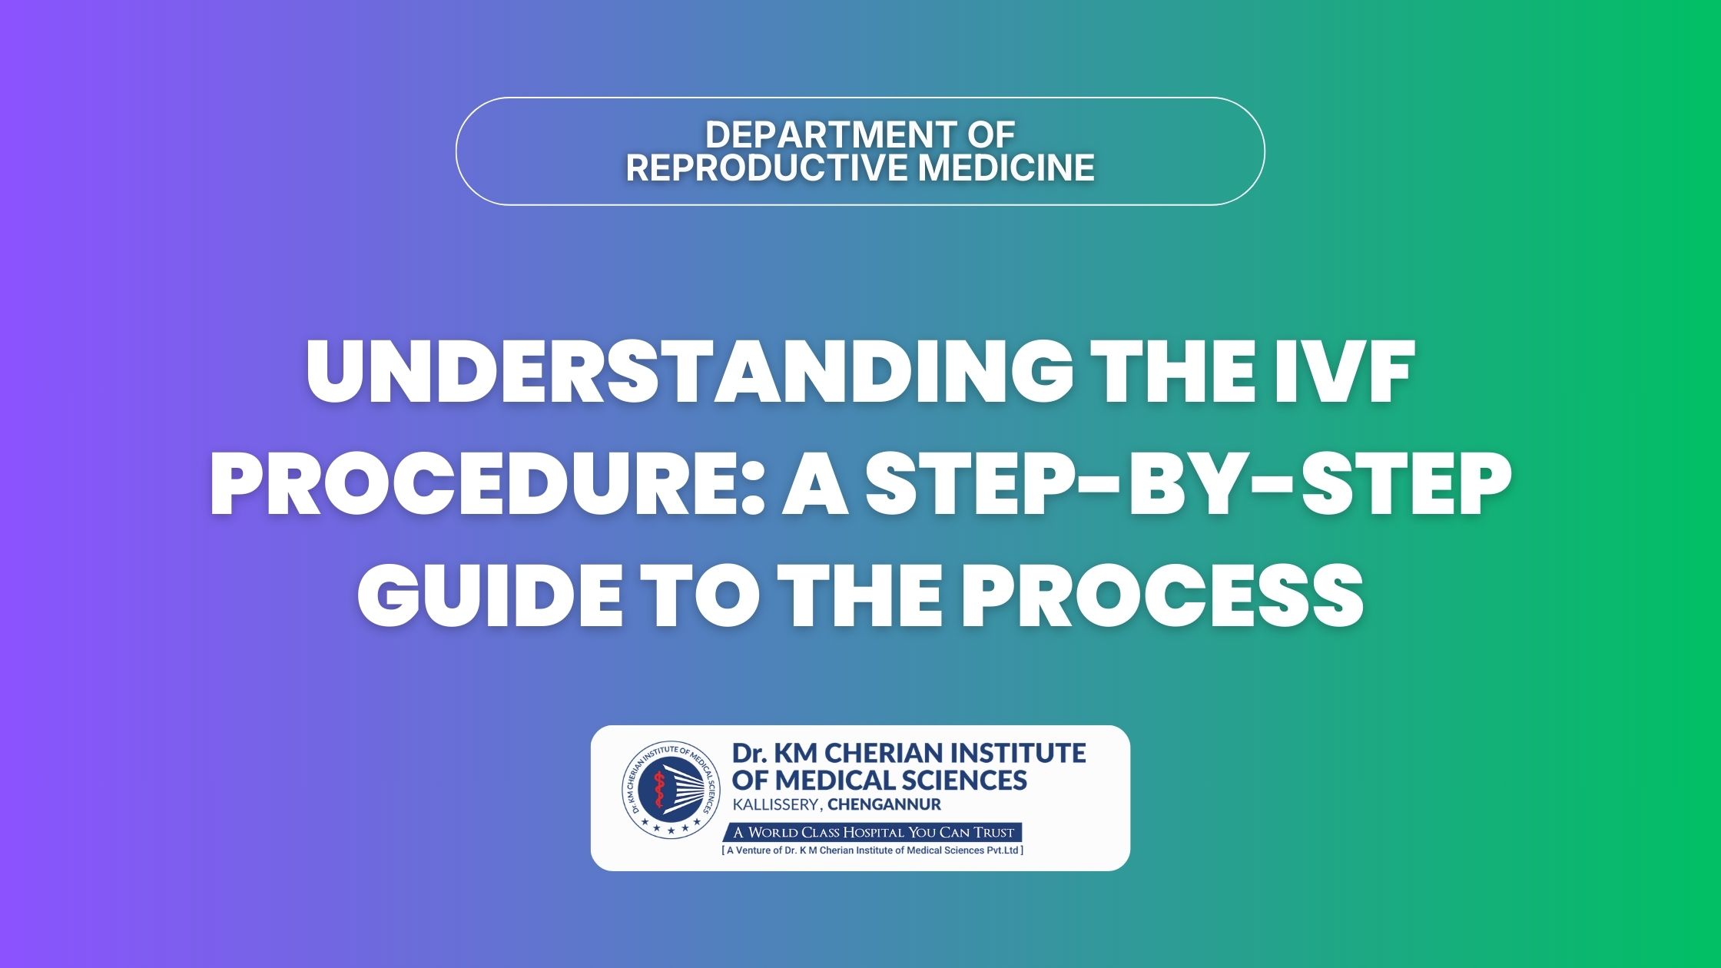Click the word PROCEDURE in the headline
(482, 482)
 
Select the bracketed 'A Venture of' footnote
(873, 850)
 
